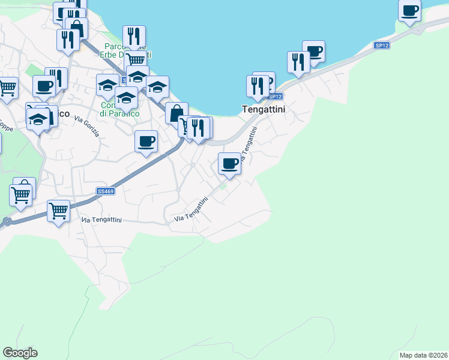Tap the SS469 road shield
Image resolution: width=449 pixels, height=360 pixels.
[x=105, y=191]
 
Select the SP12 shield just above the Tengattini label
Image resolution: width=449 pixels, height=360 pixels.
[x=275, y=96]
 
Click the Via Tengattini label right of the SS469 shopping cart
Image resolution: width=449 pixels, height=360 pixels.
[x=101, y=220]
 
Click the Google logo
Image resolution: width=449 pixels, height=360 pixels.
[x=20, y=353]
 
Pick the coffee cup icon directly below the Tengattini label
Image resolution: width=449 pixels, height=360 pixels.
[x=229, y=163]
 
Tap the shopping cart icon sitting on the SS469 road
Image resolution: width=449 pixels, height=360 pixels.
[x=58, y=210]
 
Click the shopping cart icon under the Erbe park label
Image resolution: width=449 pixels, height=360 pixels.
[x=137, y=59]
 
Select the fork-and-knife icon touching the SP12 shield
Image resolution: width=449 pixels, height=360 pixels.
[x=258, y=86]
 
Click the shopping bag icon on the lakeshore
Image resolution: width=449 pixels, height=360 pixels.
[x=176, y=113]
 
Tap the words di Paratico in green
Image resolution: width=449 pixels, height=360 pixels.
[x=119, y=113]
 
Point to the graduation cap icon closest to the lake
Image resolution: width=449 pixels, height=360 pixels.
[x=157, y=86]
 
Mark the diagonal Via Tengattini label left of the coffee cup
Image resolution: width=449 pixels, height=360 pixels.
[x=191, y=211]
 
